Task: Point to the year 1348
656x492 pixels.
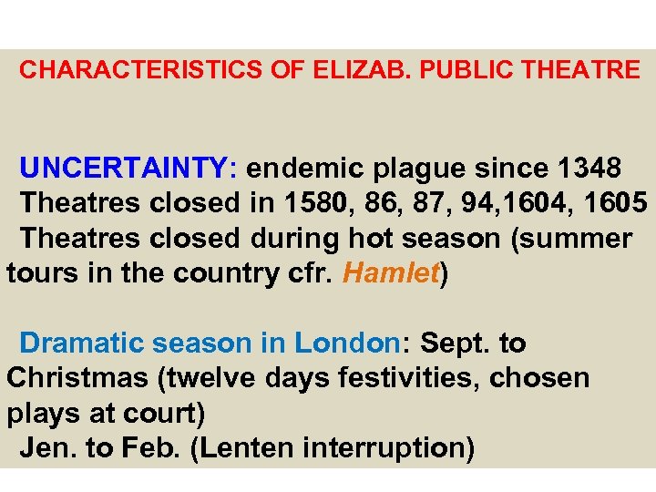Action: tap(589, 169)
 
